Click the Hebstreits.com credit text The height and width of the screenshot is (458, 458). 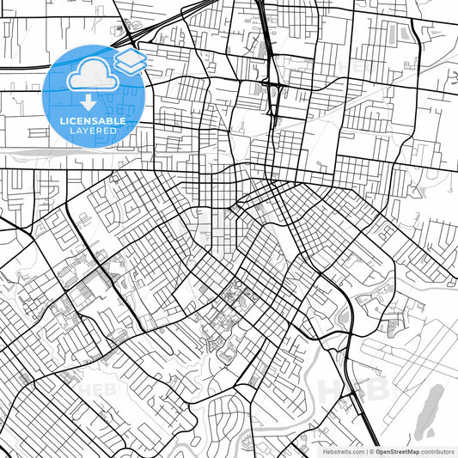click(341, 450)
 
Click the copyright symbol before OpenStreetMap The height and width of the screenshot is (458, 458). click(371, 450)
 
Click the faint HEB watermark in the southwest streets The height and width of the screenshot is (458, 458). click(95, 388)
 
